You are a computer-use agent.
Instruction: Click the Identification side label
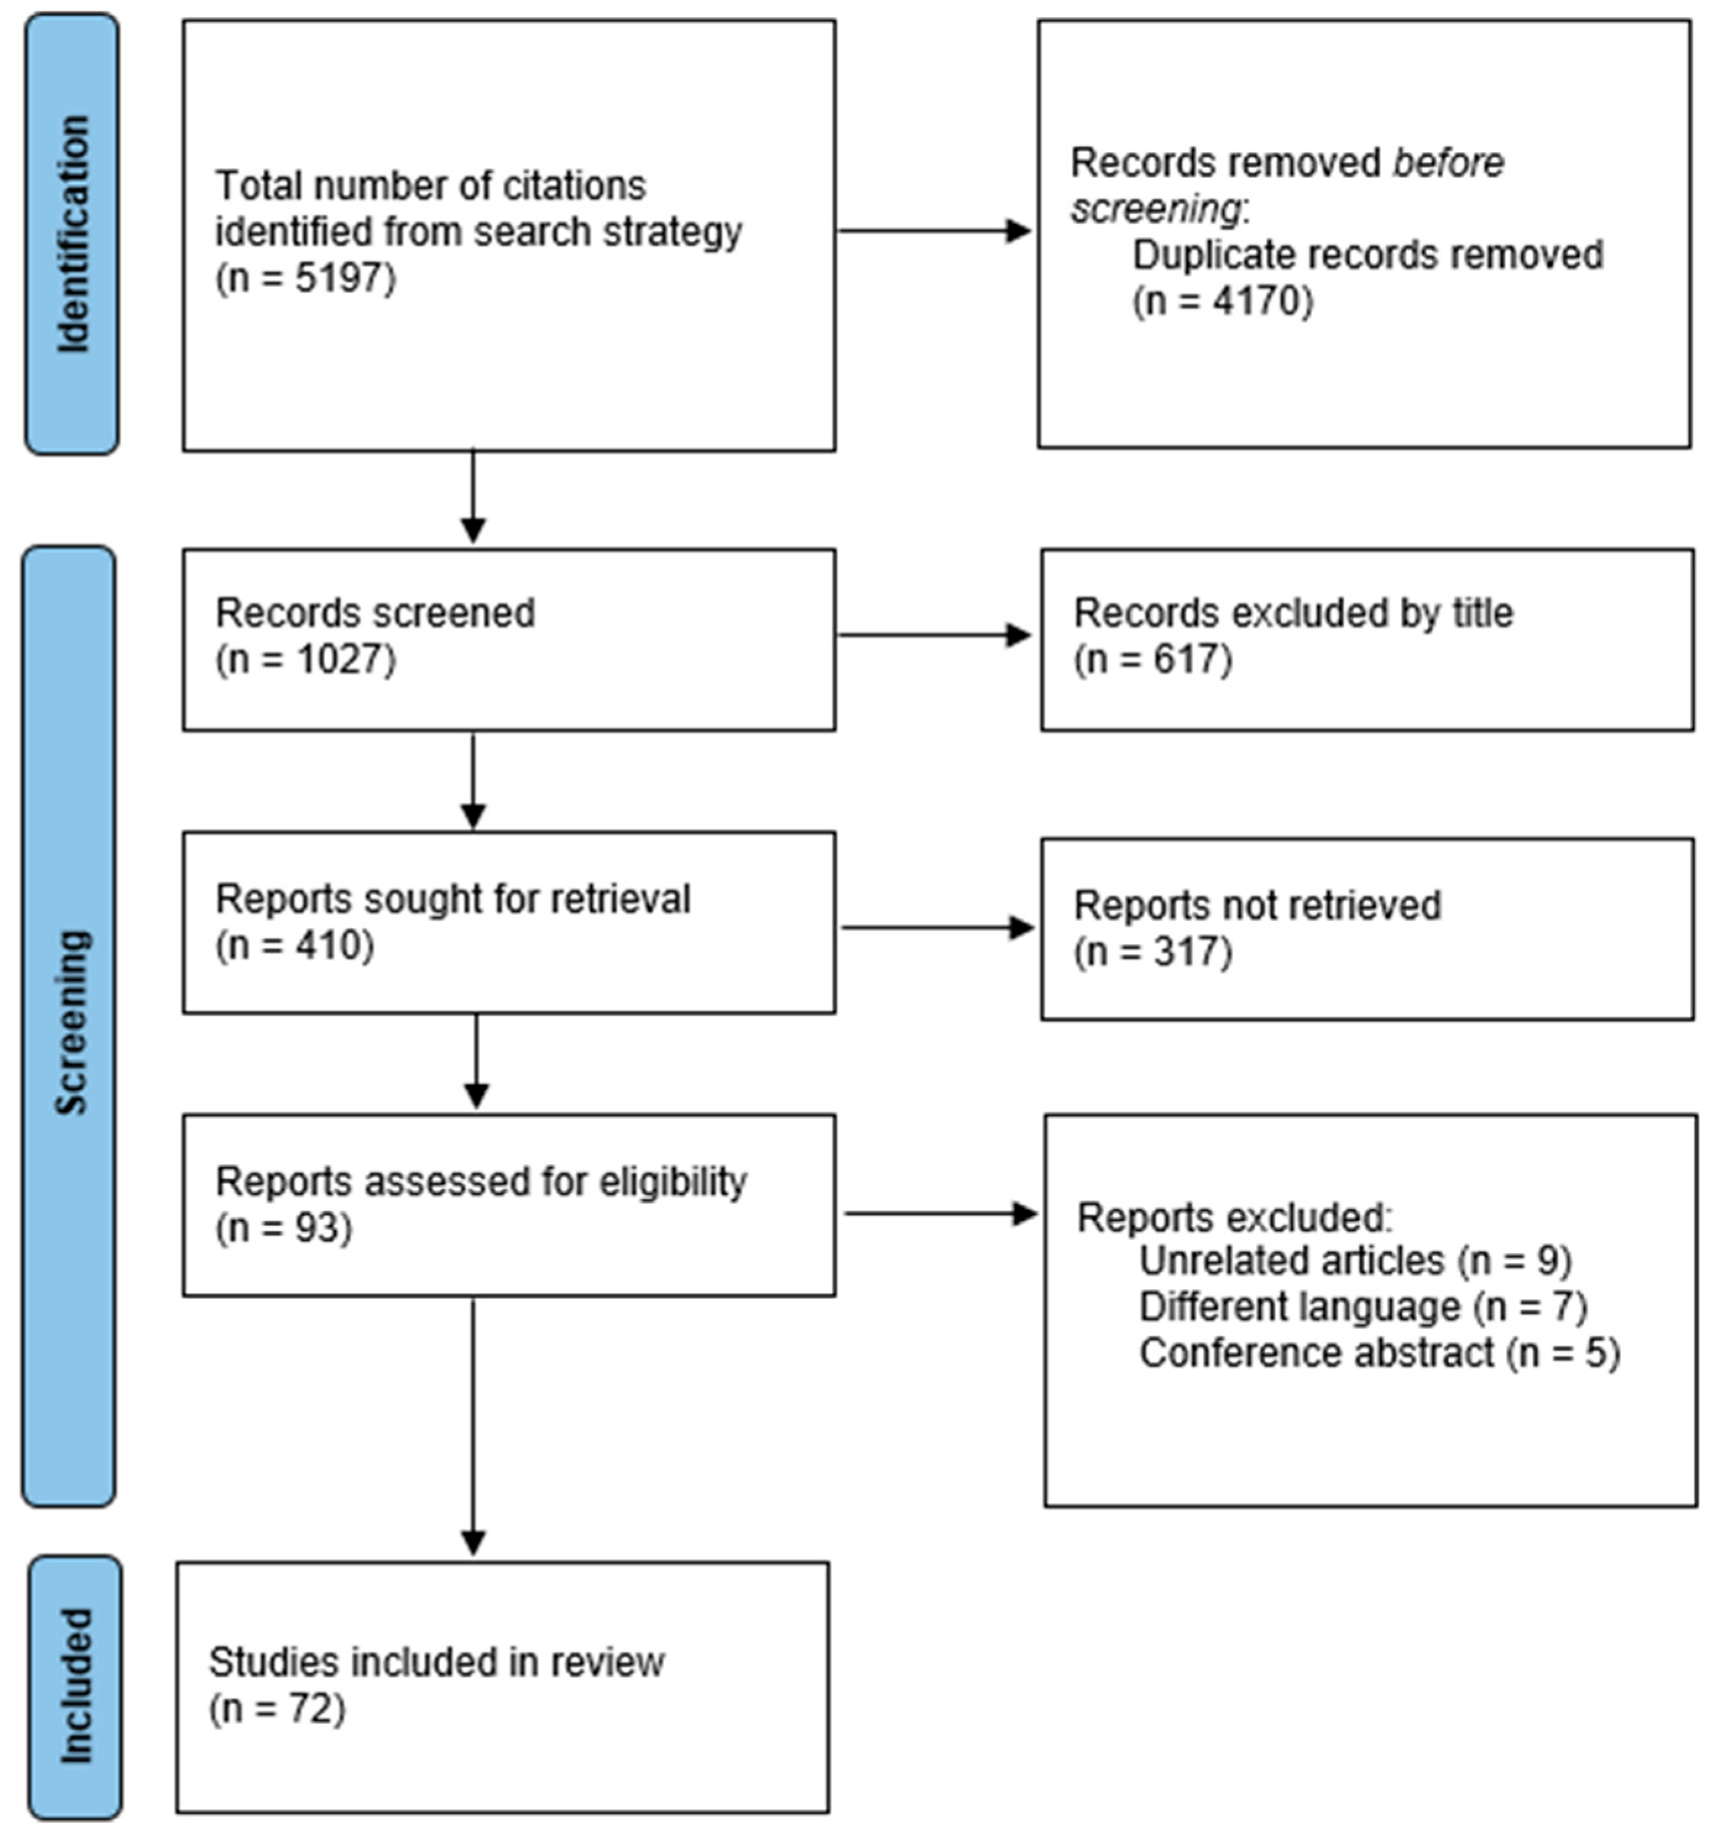(72, 233)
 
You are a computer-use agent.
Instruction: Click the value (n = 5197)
(305, 278)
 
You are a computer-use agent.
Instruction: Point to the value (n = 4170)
(1222, 300)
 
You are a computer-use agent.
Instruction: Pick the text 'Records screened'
(375, 613)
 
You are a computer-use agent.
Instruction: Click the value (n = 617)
(1152, 660)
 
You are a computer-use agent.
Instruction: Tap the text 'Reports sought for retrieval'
(453, 898)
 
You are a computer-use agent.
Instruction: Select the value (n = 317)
(1152, 952)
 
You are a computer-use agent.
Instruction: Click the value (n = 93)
(284, 1228)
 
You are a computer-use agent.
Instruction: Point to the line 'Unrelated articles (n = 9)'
(1355, 1260)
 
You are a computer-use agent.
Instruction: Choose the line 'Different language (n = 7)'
(1363, 1306)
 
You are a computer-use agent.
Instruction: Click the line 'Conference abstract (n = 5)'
(1379, 1353)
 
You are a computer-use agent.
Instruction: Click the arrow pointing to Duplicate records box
(934, 231)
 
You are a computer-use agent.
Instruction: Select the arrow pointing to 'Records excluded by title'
(934, 636)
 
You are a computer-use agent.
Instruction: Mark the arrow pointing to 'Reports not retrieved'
(937, 927)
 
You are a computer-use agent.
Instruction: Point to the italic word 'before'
(1448, 163)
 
